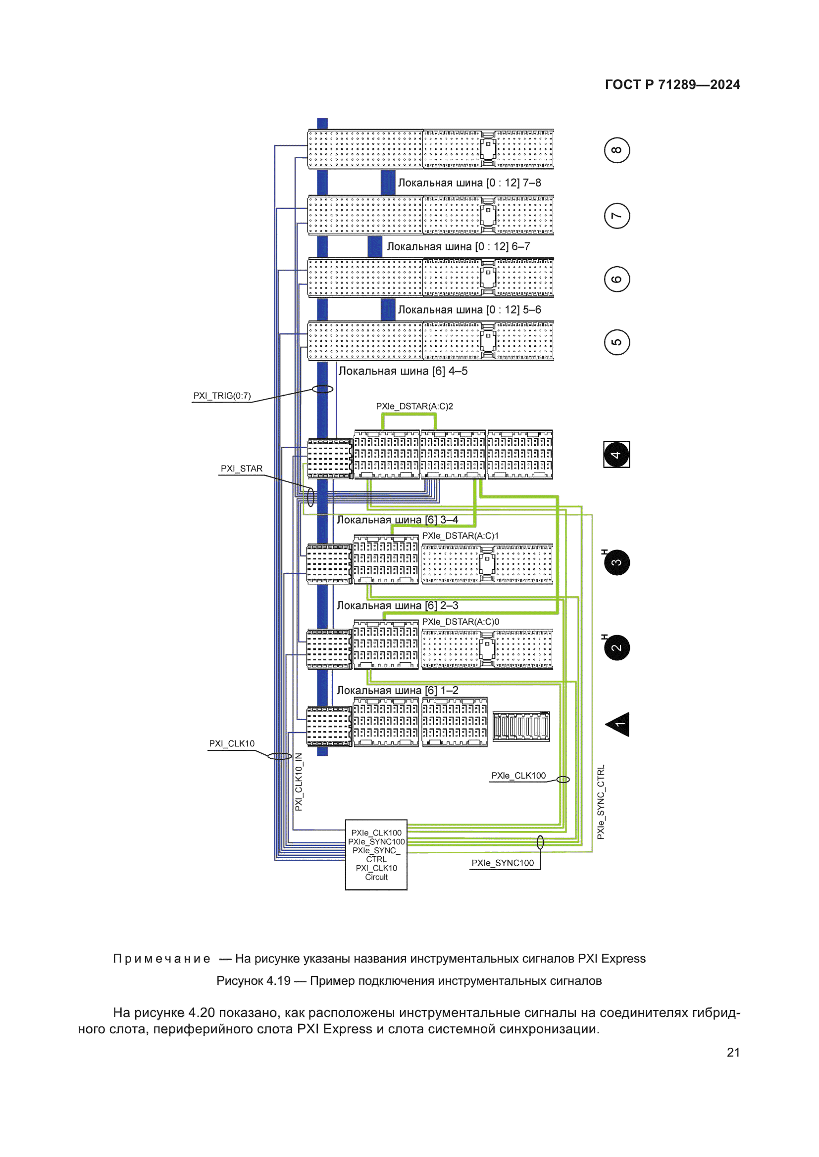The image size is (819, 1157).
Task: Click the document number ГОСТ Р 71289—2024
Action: (672, 85)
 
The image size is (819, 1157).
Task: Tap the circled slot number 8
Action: (617, 150)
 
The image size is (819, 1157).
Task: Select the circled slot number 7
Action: (617, 216)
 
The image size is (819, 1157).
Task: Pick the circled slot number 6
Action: (617, 279)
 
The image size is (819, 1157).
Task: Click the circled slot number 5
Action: (617, 342)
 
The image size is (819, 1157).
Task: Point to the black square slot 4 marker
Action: (616, 455)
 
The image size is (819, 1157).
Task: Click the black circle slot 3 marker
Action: (617, 562)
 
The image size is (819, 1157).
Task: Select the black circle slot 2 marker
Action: (617, 648)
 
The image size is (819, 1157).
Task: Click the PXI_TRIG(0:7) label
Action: (222, 396)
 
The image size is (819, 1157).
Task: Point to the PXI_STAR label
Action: (242, 468)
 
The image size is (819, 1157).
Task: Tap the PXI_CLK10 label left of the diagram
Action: (231, 744)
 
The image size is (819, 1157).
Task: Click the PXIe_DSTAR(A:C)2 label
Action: (414, 406)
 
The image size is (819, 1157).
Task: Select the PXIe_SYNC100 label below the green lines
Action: (502, 863)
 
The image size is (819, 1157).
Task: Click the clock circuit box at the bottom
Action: (376, 855)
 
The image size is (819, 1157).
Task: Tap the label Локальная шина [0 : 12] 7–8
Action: (469, 183)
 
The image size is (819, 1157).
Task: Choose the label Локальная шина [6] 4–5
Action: (403, 371)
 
